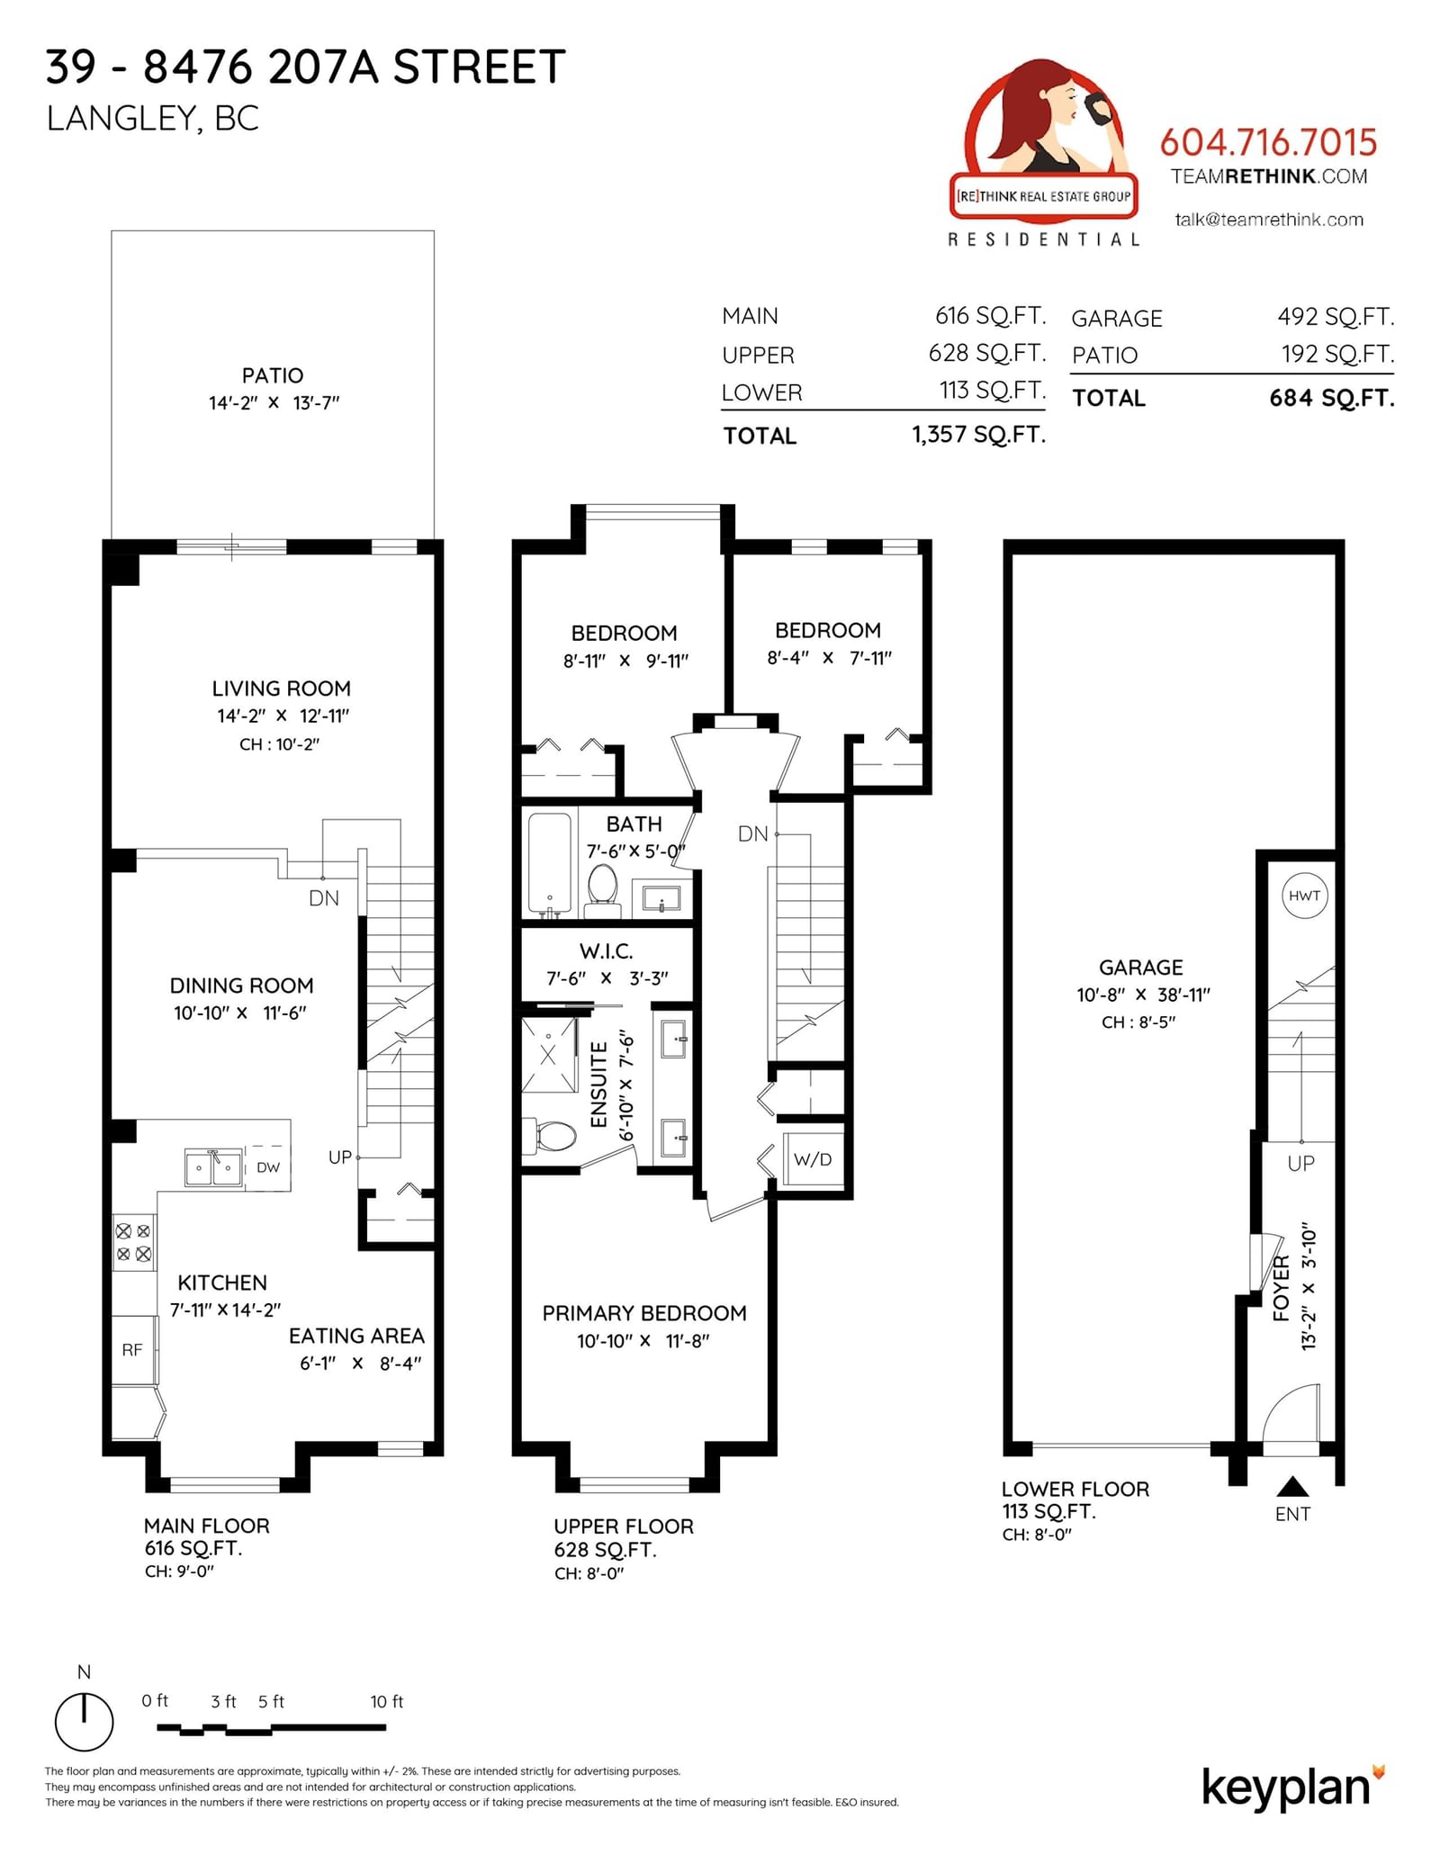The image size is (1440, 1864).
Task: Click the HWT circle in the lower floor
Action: pos(1304,896)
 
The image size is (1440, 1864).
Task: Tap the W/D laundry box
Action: pos(813,1159)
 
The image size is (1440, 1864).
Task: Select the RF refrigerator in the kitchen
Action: pos(133,1349)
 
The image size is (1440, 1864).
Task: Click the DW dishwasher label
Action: pos(268,1167)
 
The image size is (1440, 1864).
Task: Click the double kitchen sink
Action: pos(213,1167)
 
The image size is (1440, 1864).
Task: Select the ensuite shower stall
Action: pos(549,1055)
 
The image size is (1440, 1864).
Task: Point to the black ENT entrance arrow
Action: pos(1292,1486)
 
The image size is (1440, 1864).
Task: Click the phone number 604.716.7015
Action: pos(1268,142)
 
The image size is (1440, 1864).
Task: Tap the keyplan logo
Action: pos(1292,1787)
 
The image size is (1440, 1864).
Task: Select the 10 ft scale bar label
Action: pos(387,1701)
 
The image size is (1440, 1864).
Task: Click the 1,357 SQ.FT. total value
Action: pos(978,435)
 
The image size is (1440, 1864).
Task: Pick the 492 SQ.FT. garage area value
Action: pos(1336,317)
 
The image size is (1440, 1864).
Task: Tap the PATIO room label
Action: pos(273,375)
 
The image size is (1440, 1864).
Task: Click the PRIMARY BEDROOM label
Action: pos(644,1313)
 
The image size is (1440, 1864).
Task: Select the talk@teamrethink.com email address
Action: pos(1269,220)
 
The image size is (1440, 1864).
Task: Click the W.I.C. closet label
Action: pos(607,951)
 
